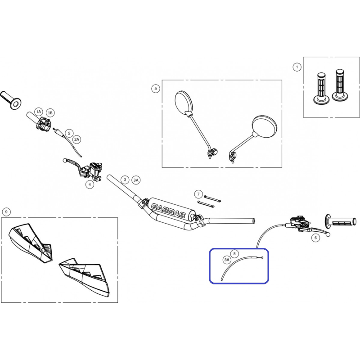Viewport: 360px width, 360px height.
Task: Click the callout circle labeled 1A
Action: tap(38, 112)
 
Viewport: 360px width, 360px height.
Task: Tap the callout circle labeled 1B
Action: tap(50, 113)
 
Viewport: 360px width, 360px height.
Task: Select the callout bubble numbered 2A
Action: tap(76, 139)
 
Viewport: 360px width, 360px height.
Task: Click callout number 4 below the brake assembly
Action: tap(90, 184)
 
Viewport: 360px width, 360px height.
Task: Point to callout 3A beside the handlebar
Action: tap(136, 180)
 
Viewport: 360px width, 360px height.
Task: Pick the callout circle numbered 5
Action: tap(155, 88)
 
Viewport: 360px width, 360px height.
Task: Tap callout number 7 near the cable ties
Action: tap(198, 194)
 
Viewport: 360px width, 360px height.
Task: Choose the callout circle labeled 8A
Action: tap(227, 260)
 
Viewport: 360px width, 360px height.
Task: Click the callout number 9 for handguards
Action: tap(6, 211)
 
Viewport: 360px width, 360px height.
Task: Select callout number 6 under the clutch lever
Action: tap(315, 238)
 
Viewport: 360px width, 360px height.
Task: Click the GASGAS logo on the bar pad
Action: tap(168, 210)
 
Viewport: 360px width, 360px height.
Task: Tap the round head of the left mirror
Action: tap(183, 102)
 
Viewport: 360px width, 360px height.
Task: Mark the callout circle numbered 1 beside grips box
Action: tap(297, 67)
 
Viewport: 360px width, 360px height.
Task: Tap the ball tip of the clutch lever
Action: tap(328, 234)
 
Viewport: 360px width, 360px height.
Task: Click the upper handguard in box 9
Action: tap(31, 242)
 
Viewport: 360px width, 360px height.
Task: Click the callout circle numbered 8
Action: tap(234, 254)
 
